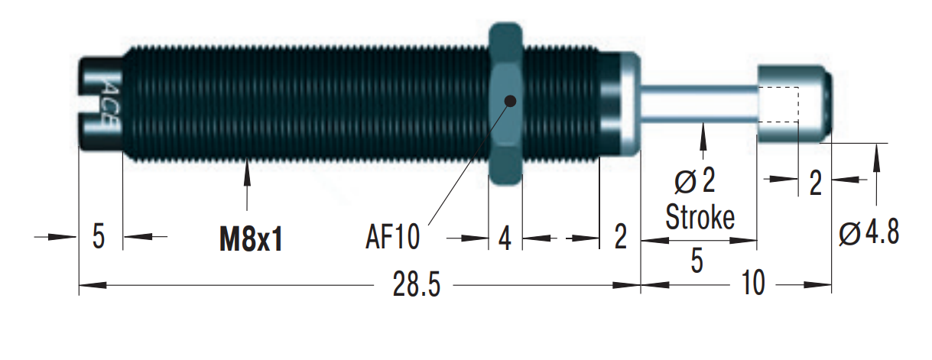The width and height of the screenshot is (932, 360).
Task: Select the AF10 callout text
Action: coord(391,238)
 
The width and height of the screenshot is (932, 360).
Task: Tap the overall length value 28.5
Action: coord(416,286)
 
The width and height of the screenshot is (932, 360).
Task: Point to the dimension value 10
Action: coord(752,286)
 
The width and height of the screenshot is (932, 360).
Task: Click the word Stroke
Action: coord(700,217)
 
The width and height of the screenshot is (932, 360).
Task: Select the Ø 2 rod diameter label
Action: coord(695,183)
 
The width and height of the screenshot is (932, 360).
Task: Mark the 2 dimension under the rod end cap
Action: coord(815,184)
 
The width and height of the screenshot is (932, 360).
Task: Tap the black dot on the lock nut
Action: coord(510,99)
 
